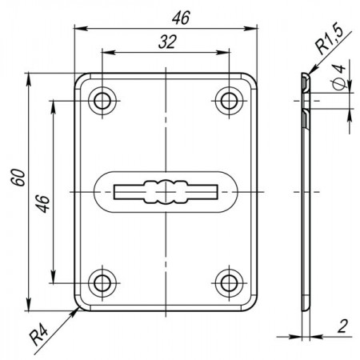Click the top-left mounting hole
click(102, 101)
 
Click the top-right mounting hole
click(229, 101)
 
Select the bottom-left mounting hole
click(102, 283)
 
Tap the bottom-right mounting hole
click(229, 283)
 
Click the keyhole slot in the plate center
click(166, 192)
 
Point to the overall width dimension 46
click(181, 18)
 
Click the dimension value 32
click(167, 42)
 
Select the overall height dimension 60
click(18, 178)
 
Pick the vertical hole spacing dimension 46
click(42, 204)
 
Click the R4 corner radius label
click(39, 337)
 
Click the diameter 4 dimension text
click(338, 77)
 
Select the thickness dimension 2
click(342, 326)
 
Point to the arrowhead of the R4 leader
click(74, 313)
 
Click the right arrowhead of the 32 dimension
click(223, 52)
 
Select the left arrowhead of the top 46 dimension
click(81, 28)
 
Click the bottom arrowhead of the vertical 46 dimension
click(54, 277)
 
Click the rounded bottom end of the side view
click(306, 306)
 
